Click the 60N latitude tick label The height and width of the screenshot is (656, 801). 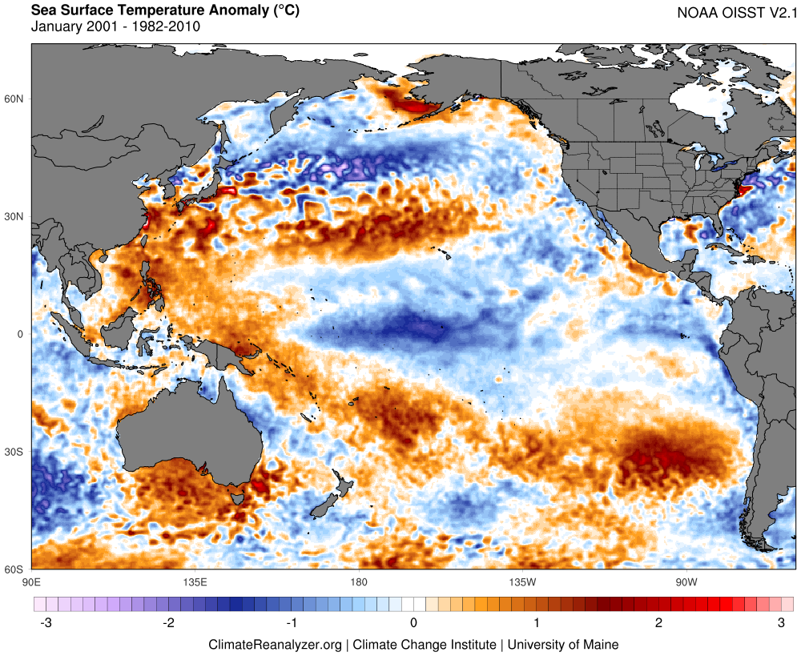click(x=14, y=99)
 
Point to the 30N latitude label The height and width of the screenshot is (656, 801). click(x=14, y=216)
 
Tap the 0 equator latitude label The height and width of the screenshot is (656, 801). click(x=21, y=334)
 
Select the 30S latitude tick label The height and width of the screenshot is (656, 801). click(x=14, y=452)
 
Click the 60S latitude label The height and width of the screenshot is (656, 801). click(x=14, y=569)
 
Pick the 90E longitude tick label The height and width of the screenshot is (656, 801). click(x=32, y=582)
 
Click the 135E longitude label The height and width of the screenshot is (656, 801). click(x=195, y=582)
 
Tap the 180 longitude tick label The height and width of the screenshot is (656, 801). click(x=359, y=582)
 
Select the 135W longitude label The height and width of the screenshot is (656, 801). click(x=521, y=582)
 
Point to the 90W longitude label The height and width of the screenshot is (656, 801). click(x=685, y=582)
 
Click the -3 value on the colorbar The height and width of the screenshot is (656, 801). click(x=45, y=622)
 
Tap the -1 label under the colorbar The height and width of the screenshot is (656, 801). click(x=291, y=622)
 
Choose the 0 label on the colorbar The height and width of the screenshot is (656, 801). click(x=413, y=622)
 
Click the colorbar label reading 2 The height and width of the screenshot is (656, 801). click(x=658, y=622)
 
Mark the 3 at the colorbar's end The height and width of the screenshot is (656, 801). click(x=781, y=622)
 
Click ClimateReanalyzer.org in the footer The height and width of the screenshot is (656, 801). click(x=275, y=644)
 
